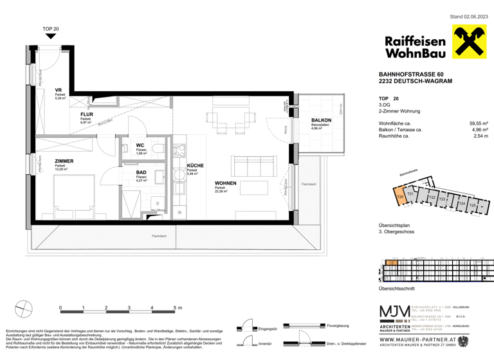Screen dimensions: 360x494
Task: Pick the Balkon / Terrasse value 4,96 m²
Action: pos(479,129)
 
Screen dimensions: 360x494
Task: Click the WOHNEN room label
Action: pos(227,183)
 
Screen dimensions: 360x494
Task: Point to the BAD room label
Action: pos(140,172)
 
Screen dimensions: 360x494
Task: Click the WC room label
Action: pos(140,145)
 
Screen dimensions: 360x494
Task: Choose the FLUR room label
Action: pos(87,114)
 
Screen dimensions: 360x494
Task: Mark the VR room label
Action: pos(58,90)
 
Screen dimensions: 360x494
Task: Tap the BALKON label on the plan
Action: pos(321,120)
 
